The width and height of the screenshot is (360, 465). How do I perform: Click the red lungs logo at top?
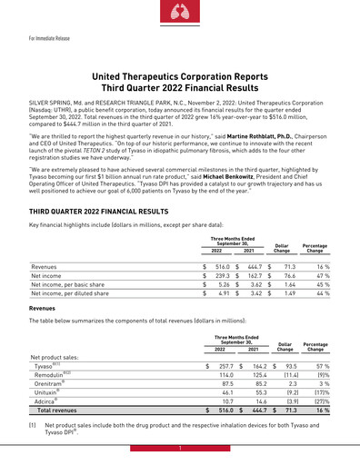181,11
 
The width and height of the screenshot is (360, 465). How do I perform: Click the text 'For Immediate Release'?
48,39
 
